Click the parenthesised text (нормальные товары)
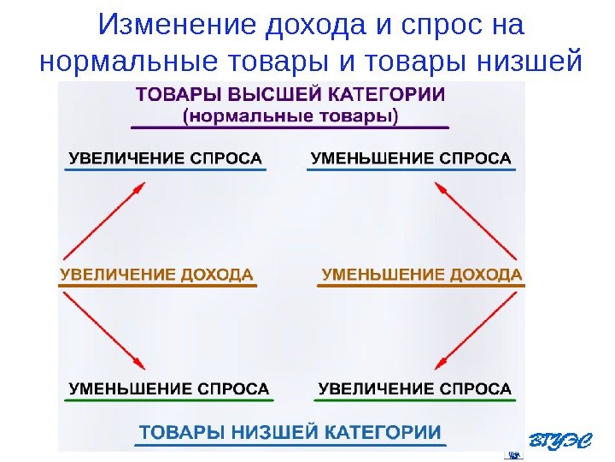(290, 114)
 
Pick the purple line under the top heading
(290, 127)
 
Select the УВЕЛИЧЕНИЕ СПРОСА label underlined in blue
(165, 158)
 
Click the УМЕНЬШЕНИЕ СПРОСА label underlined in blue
(411, 158)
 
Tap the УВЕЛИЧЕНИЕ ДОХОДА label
(157, 275)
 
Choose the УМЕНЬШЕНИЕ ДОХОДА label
(421, 275)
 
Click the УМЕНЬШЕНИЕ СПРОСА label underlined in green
(168, 389)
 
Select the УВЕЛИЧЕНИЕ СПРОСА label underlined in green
(416, 389)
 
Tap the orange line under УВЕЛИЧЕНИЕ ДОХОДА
(158, 286)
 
